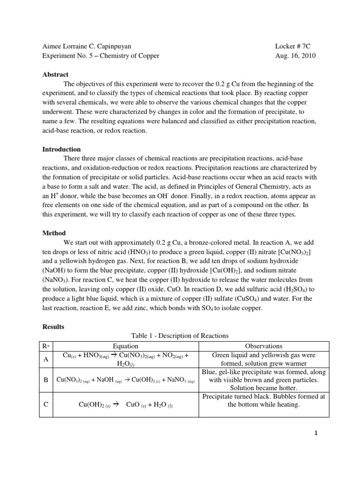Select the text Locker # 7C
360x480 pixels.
293,46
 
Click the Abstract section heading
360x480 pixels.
55,75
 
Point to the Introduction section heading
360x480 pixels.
61,150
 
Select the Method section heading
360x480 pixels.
54,233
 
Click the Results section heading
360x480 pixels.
53,326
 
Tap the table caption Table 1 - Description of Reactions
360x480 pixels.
180,336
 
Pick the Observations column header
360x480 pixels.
264,346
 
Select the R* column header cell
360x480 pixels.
46,346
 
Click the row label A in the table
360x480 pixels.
46,360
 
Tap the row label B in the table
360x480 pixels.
46,380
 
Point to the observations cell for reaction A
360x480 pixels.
264,360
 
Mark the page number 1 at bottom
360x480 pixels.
316,433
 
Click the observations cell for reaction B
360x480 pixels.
264,380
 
